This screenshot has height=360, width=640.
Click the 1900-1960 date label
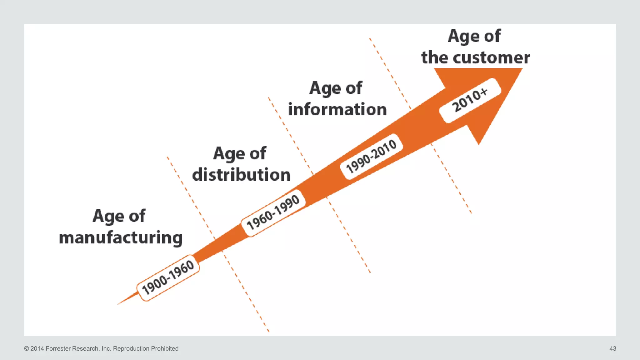(x=168, y=277)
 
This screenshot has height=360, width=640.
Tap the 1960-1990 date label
(x=273, y=212)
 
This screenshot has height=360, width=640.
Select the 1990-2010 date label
(x=371, y=156)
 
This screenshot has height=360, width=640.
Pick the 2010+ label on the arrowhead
(x=470, y=100)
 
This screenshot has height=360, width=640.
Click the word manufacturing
(x=121, y=238)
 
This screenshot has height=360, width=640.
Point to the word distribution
(x=241, y=175)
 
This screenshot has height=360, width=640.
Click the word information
(x=337, y=109)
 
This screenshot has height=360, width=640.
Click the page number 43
(x=612, y=348)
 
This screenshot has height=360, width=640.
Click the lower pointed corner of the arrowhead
(x=479, y=144)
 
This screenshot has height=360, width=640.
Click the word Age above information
(x=325, y=88)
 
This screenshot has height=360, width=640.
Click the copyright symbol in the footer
(x=27, y=348)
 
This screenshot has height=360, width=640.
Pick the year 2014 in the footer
(x=37, y=348)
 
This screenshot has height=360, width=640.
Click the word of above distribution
(x=257, y=153)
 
